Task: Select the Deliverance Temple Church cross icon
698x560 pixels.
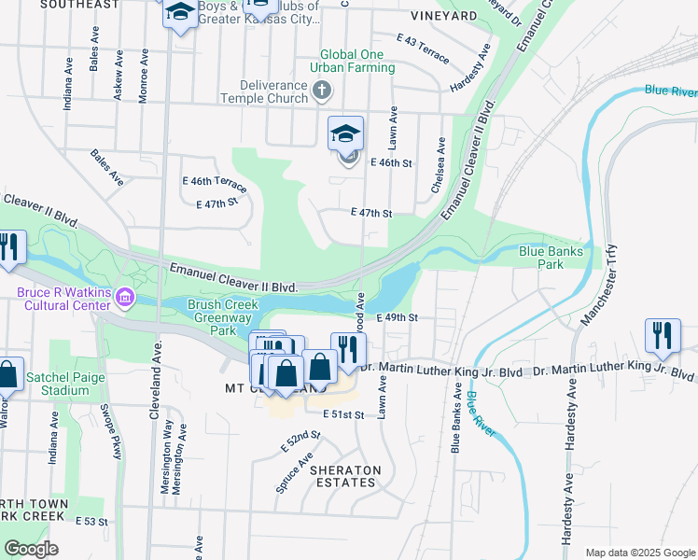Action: point(322,91)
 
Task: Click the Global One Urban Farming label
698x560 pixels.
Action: point(357,61)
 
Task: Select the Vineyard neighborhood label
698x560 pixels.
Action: point(443,17)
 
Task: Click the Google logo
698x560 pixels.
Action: point(31,549)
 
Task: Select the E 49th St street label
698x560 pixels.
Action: point(396,317)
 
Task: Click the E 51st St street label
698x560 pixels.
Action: point(342,414)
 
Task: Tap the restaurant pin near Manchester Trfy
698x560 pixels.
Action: point(663,335)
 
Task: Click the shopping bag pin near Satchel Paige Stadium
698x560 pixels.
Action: point(8,374)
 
